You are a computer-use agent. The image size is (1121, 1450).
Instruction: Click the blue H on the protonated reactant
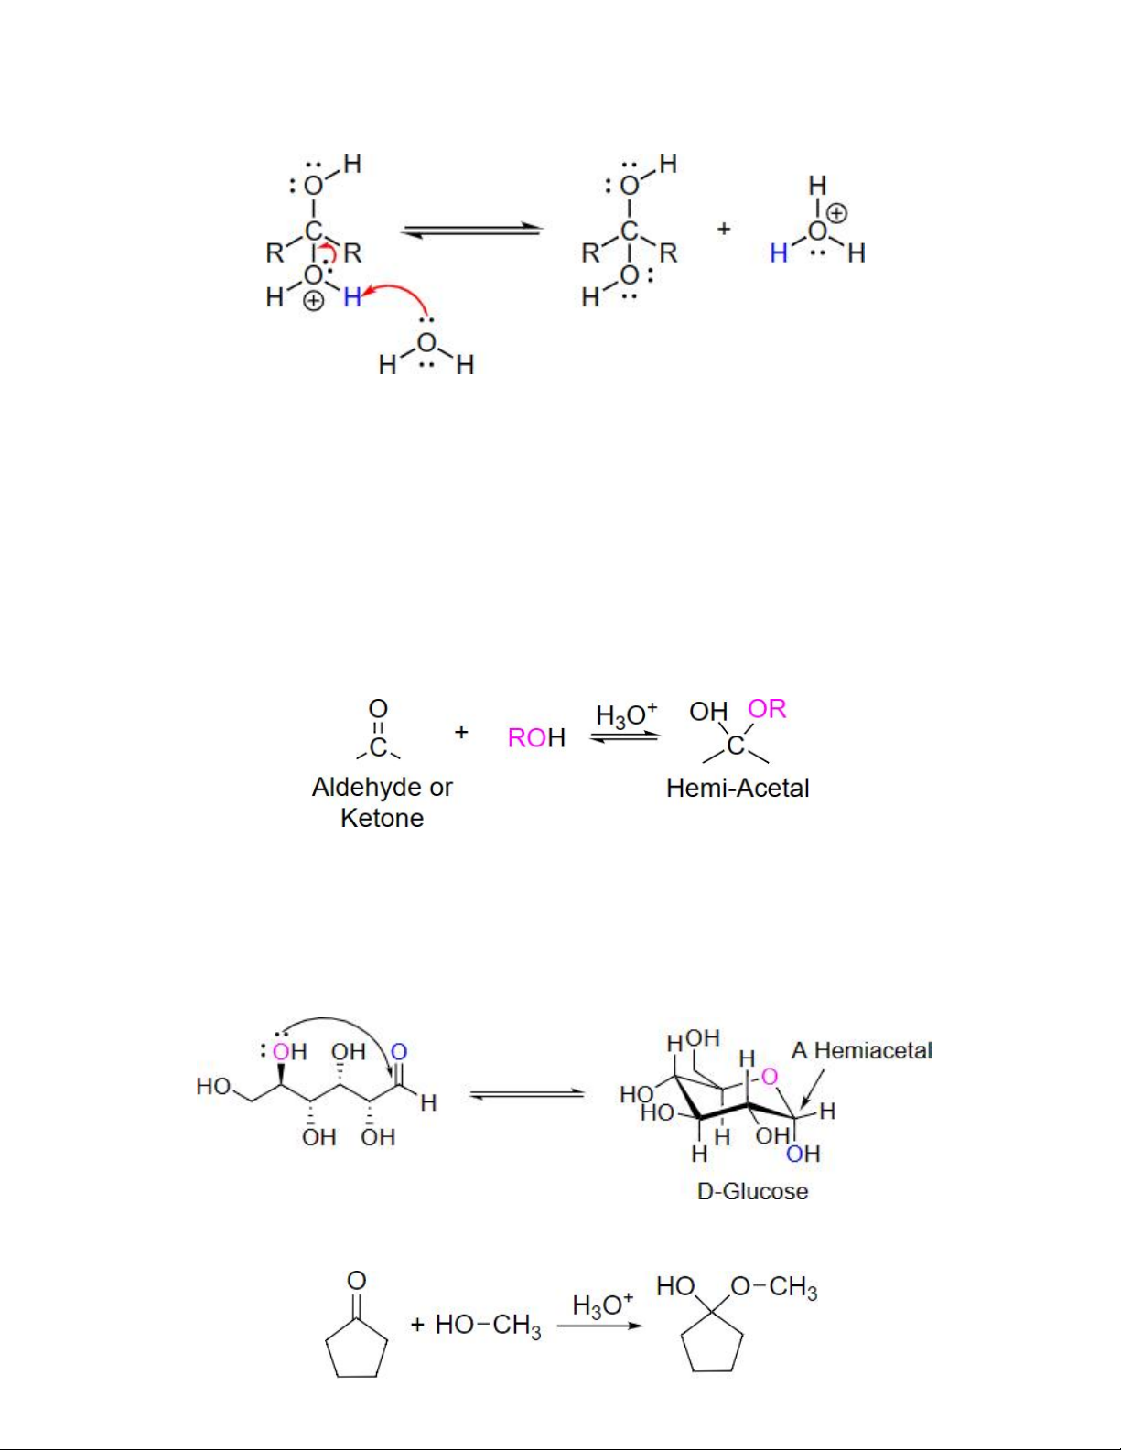pyautogui.click(x=352, y=296)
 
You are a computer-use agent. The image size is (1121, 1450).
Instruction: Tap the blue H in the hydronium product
pyautogui.click(x=779, y=253)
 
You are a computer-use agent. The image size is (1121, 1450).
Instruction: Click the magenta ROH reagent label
pyautogui.click(x=536, y=738)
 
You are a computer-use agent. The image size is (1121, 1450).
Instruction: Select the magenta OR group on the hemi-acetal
pyautogui.click(x=768, y=709)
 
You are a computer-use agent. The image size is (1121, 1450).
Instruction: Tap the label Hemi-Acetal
pyautogui.click(x=738, y=788)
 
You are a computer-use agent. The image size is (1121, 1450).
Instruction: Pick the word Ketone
pyautogui.click(x=383, y=818)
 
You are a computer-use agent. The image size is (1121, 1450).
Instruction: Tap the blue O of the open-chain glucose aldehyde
pyautogui.click(x=398, y=1052)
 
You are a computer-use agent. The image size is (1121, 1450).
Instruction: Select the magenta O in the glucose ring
pyautogui.click(x=770, y=1077)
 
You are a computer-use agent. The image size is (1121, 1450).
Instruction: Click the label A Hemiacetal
pyautogui.click(x=861, y=1051)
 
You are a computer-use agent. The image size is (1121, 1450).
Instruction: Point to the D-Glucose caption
pyautogui.click(x=752, y=1191)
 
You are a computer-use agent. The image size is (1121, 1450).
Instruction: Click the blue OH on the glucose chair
pyautogui.click(x=803, y=1153)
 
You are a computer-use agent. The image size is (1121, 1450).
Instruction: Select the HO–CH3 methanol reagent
pyautogui.click(x=488, y=1326)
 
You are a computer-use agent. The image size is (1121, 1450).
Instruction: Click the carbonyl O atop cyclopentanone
pyautogui.click(x=357, y=1281)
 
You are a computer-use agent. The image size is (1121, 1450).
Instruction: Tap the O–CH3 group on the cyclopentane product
pyautogui.click(x=774, y=1287)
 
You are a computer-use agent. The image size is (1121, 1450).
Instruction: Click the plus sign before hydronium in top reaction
pyautogui.click(x=724, y=229)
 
